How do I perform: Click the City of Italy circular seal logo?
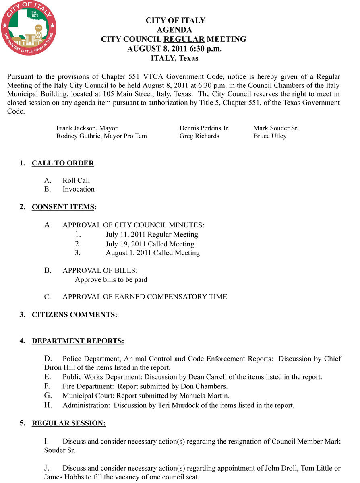(29, 27)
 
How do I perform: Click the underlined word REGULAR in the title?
(184, 39)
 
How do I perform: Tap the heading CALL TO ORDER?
(63, 163)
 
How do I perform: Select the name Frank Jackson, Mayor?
(87, 128)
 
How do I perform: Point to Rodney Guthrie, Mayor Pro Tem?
(101, 136)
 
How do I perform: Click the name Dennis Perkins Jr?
(204, 128)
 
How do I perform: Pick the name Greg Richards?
(199, 136)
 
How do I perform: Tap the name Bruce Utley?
(270, 136)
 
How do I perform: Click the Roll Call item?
(76, 181)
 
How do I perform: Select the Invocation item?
(79, 189)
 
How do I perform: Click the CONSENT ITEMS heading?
(63, 207)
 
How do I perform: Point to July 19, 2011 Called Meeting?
(150, 244)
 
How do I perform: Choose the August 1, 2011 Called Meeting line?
(153, 253)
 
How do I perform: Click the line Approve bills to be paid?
(111, 279)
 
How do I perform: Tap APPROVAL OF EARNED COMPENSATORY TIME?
(145, 297)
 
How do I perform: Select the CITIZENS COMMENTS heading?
(75, 315)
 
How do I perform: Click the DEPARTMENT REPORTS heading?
(78, 341)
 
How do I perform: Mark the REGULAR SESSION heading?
(68, 423)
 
